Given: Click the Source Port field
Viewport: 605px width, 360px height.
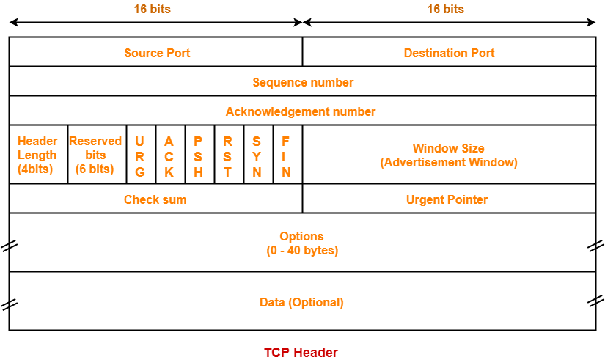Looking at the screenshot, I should tap(156, 53).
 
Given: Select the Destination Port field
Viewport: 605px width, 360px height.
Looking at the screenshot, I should tap(449, 53).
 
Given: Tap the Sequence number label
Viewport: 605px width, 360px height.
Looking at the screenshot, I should tap(302, 82).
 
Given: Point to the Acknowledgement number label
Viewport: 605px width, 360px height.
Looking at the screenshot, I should tap(301, 111).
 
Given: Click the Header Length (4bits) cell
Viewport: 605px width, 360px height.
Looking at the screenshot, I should tap(37, 155).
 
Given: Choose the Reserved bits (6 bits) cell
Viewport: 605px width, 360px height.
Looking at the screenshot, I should tap(95, 155).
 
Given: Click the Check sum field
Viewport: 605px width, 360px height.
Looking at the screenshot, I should tap(155, 199).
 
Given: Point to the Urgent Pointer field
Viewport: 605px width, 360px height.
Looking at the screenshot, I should tap(447, 199).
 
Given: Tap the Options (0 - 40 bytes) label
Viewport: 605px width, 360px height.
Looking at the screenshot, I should tap(301, 243).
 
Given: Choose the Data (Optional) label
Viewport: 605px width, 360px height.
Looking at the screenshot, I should tap(301, 302).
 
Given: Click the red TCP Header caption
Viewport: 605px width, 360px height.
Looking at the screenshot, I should tap(301, 353).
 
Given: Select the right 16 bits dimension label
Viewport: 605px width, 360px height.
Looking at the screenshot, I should tap(446, 10).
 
